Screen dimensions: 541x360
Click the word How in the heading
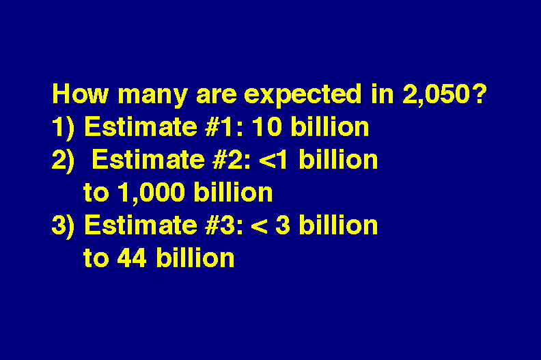coord(80,94)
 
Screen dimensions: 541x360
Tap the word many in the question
coord(153,95)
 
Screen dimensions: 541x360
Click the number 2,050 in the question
coord(436,94)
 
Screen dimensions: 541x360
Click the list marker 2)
coord(63,161)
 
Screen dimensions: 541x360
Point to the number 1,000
coord(151,193)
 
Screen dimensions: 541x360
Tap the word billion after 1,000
coord(233,191)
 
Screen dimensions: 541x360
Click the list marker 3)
coord(63,226)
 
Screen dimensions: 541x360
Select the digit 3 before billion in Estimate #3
coord(283,225)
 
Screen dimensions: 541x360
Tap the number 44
coord(132,258)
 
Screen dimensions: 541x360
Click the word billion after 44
coord(195,257)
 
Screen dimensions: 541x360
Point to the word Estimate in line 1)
coord(141,126)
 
